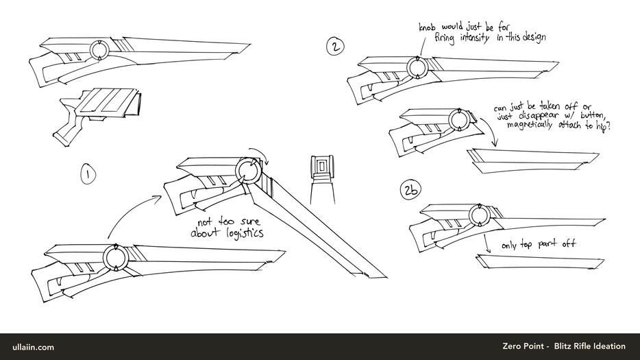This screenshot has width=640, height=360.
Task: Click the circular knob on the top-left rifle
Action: coord(99,51)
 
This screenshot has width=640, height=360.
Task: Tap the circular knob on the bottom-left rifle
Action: coord(114,258)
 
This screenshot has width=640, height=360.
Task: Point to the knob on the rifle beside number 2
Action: coord(416,68)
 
